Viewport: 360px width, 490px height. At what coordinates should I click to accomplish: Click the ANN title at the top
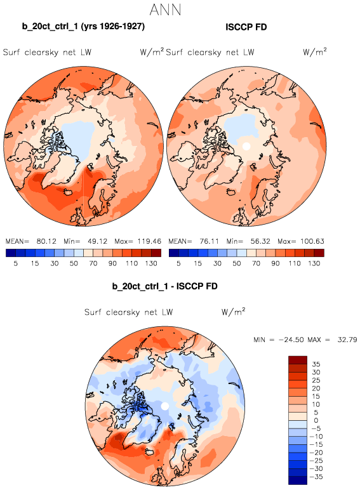[165, 10]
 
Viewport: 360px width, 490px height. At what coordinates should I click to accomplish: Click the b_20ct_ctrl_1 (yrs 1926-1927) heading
[83, 26]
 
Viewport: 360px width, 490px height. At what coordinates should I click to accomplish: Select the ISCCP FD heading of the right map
[246, 27]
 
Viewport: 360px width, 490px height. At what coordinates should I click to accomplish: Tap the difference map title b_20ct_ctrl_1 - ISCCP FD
[164, 286]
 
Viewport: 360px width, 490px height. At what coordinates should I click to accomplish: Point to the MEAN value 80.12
[46, 241]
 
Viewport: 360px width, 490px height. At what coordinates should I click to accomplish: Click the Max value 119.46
[149, 241]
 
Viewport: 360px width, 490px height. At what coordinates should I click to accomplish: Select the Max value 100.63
[312, 241]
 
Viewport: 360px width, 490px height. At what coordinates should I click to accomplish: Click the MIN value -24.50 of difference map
[291, 340]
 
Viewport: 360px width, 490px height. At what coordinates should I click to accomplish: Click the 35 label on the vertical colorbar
[316, 364]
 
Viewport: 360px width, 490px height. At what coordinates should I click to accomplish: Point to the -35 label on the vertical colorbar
[316, 477]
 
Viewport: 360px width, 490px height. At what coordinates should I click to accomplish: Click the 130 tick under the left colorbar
[151, 263]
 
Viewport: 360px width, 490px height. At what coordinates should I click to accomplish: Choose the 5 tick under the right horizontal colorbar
[178, 263]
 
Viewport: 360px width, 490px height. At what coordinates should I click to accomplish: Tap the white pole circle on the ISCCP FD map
[246, 146]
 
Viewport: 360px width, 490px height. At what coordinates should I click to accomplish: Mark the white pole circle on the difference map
[164, 406]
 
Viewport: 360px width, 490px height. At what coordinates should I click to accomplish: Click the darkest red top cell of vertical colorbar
[298, 360]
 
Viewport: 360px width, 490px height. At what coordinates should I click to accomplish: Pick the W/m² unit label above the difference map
[233, 312]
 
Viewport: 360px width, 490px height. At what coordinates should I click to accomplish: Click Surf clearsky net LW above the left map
[47, 52]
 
